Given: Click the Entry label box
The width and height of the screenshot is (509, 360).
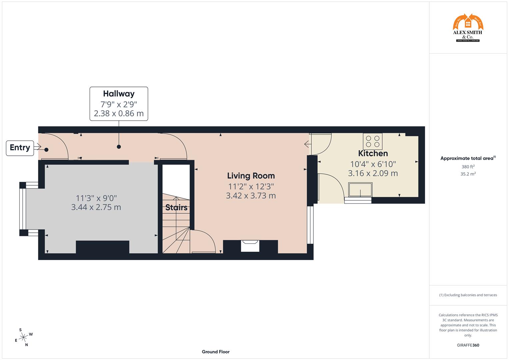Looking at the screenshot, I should pos(20,148).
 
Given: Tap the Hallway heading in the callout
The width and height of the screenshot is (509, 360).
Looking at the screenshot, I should pos(119,94).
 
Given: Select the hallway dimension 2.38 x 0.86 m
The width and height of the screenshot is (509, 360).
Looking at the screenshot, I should pos(119,113).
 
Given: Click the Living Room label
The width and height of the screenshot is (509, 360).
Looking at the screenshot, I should pos(251,176).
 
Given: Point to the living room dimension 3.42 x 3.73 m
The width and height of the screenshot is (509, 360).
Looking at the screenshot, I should pos(251,196).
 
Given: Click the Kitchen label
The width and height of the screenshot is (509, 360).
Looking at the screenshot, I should pos(373,153).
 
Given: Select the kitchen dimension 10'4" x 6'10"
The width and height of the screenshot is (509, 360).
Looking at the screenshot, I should pos(373,164).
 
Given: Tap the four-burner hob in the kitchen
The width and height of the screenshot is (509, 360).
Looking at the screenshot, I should pos(373,141).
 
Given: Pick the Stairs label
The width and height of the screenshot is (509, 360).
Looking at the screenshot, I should pos(176,208).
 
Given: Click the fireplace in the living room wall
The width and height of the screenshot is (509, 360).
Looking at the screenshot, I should pos(250,246).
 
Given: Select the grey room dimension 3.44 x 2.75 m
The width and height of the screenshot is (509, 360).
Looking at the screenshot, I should pos(96,207).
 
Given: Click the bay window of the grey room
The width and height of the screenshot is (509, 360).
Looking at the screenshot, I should pos(23,209).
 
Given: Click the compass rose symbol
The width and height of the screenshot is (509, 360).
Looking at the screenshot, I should pos(23,337).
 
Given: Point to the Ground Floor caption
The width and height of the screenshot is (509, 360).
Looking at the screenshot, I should pos(215,352).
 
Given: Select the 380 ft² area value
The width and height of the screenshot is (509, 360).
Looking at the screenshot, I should pos(468,167).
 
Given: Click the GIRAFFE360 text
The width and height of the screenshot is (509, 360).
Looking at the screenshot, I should pos(468,345).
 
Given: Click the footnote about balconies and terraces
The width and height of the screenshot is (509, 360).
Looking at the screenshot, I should pos(468,295).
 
